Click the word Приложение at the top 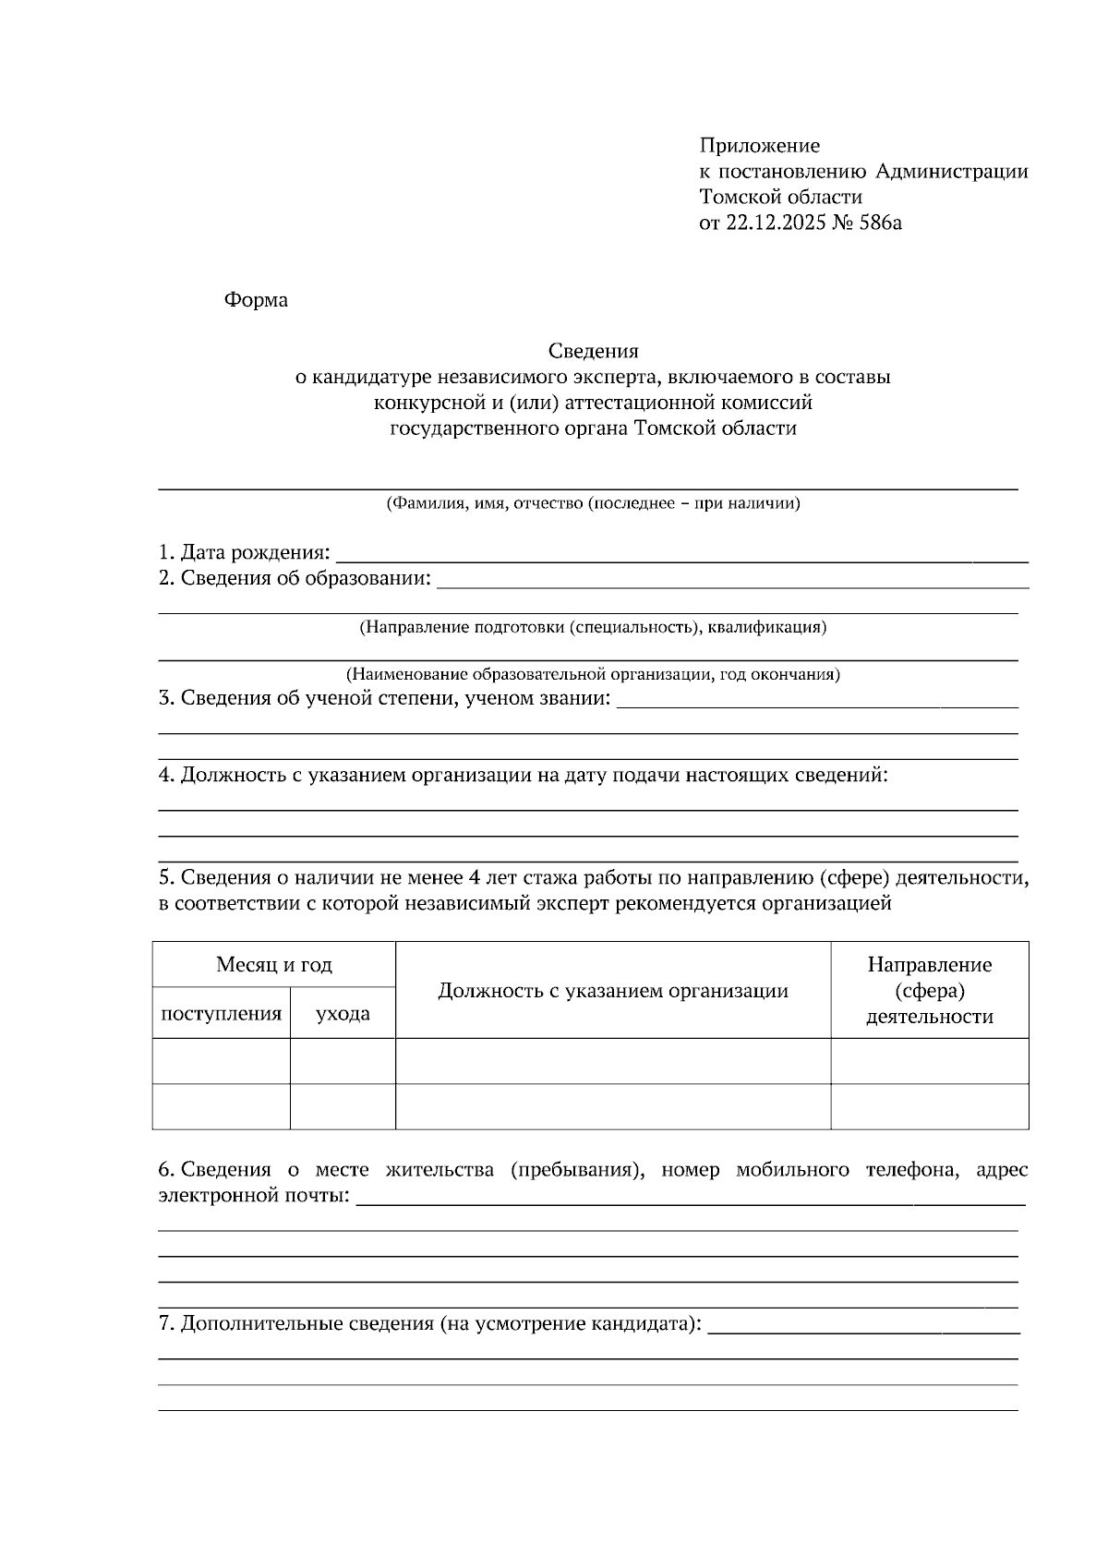point(759,145)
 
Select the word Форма point(256,300)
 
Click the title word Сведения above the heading point(593,351)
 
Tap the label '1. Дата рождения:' point(244,553)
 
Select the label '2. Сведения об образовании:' point(295,579)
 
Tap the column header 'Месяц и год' point(274,965)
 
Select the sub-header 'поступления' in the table point(222,1014)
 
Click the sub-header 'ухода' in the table point(343,1014)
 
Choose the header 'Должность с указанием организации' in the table point(613,991)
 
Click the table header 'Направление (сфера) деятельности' point(929,991)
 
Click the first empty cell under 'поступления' point(222,1061)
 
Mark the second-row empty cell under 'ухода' point(343,1106)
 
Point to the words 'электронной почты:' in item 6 point(254,1197)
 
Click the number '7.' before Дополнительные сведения point(166,1324)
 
